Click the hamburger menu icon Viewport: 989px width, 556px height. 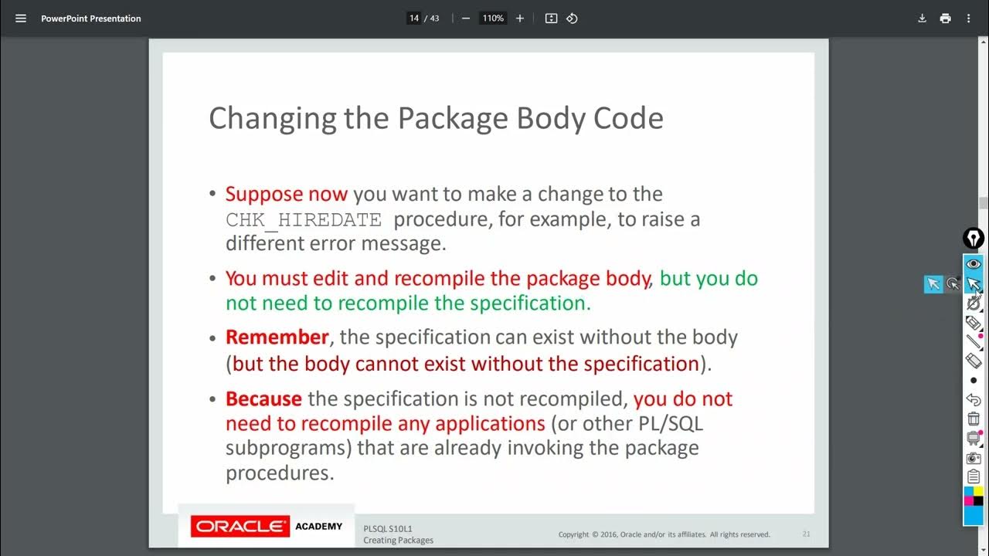pos(21,19)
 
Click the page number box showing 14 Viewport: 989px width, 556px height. pos(414,19)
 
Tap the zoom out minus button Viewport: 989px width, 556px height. pos(466,19)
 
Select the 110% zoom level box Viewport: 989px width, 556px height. pos(493,19)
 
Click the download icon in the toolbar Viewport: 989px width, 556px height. pos(922,19)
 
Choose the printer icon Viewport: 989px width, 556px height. pos(945,19)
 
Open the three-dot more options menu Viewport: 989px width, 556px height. pos(969,19)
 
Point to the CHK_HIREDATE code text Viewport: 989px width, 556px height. pos(304,220)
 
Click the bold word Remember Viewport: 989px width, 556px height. pos(277,337)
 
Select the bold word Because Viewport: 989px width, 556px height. pos(263,399)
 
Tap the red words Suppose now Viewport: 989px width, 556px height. pos(287,194)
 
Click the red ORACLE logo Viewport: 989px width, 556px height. pos(240,527)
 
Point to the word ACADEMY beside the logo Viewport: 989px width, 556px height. pos(318,527)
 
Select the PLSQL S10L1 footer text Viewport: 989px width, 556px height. pos(388,528)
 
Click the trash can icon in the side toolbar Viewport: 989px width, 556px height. pos(974,419)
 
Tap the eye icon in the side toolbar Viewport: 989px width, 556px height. pos(974,264)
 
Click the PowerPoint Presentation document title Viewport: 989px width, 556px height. pos(91,19)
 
